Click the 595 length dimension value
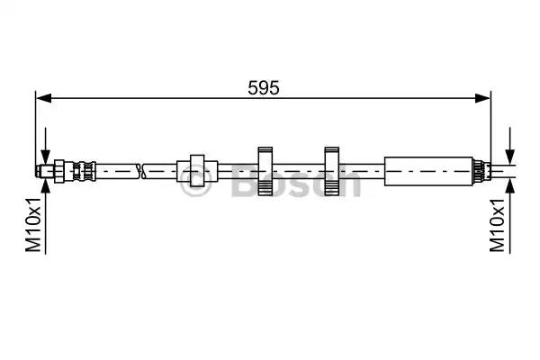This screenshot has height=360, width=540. tap(264, 88)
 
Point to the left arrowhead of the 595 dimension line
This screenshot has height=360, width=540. tap(44, 98)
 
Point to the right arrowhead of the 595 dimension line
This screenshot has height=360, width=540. tap(482, 98)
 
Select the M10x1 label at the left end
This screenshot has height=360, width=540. tap(33, 225)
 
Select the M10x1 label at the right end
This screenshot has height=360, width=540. tap(498, 225)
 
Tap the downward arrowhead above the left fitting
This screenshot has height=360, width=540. tap(45, 157)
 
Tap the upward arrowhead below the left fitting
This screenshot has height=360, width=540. tap(45, 185)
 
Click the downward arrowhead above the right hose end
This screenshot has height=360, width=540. tap(509, 157)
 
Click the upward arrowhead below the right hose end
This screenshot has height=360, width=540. tap(509, 186)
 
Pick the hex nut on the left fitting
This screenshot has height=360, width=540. tap(59, 171)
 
